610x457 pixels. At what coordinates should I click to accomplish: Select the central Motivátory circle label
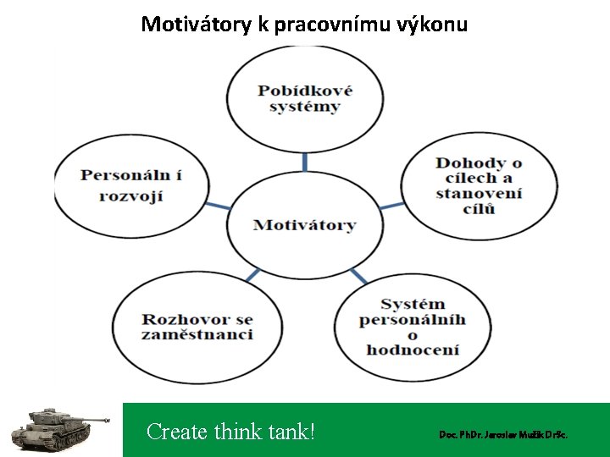[x=304, y=224]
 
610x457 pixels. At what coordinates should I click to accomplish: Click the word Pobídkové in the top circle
[x=305, y=91]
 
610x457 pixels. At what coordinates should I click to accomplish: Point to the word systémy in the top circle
[x=305, y=107]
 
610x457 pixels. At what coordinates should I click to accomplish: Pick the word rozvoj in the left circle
[x=131, y=195]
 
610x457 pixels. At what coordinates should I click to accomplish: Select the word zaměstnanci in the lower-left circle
[x=197, y=335]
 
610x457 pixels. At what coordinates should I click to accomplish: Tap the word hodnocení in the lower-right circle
[x=413, y=350]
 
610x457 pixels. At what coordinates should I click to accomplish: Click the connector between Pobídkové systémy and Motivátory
[x=305, y=162]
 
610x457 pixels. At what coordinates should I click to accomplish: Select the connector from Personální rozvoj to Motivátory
[x=217, y=205]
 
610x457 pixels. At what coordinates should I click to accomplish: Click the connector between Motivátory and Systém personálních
[x=358, y=276]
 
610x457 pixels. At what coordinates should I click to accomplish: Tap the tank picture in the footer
[x=59, y=427]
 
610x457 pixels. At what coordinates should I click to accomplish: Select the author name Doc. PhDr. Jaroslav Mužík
[x=502, y=434]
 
